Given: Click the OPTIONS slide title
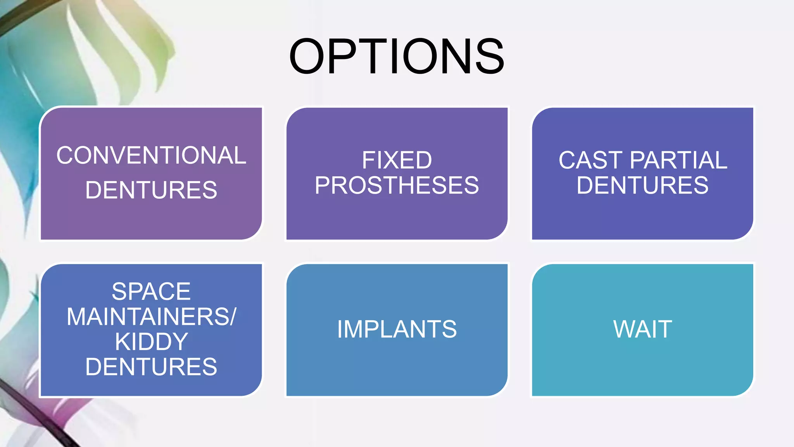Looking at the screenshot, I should point(397,56).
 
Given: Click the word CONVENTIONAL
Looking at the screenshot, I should point(151,155).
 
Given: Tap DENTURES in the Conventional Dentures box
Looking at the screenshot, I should point(151,190).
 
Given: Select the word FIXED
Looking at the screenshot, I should point(397,160).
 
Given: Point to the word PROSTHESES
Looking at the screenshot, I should point(397,185).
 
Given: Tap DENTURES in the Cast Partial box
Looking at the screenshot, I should point(642,185).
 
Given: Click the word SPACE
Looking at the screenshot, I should point(151,291).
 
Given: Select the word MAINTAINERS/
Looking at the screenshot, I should point(151,317).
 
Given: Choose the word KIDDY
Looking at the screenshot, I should point(151,342).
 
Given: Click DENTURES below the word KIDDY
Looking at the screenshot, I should point(151,367).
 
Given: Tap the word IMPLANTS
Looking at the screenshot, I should point(397,329).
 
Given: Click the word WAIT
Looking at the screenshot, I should point(642,329).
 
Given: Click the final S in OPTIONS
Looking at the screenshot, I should point(489,56).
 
